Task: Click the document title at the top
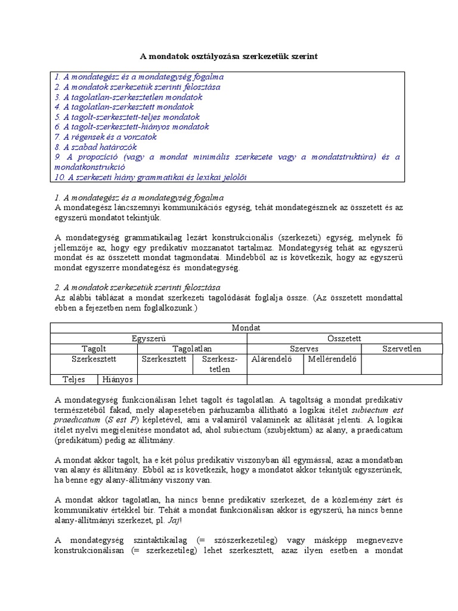[229, 57]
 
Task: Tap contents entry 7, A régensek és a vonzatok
[105, 137]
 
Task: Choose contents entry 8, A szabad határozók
[95, 147]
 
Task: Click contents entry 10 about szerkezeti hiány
[150, 177]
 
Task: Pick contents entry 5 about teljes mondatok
[126, 117]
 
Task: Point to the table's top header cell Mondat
[246, 328]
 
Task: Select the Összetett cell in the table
[344, 338]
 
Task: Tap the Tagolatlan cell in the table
[192, 348]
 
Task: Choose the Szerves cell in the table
[304, 348]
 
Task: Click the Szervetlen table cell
[401, 348]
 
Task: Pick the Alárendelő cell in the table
[271, 359]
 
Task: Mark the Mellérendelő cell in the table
[332, 359]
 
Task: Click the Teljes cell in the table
[74, 379]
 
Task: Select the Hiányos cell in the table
[117, 379]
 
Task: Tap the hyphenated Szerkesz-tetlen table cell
[219, 364]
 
